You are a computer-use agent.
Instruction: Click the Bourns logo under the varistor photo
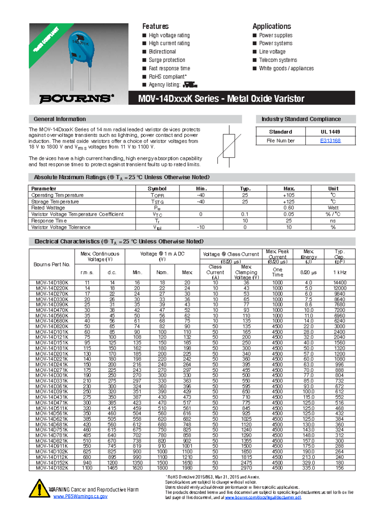pyautogui.click(x=76, y=98)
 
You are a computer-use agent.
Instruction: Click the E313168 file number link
pyautogui.click(x=330, y=140)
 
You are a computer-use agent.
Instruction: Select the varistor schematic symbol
pyautogui.click(x=229, y=146)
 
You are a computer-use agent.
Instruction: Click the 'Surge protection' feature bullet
pyautogui.click(x=167, y=60)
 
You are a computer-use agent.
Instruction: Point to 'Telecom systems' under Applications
pyautogui.click(x=278, y=60)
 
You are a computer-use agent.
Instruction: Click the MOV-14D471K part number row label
pyautogui.click(x=52, y=403)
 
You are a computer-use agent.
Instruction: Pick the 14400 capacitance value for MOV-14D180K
pyautogui.click(x=340, y=283)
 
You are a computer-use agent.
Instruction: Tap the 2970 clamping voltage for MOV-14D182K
pyautogui.click(x=246, y=468)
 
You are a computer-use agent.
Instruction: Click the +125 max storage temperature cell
pyautogui.click(x=289, y=202)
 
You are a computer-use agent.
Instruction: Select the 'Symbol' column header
pyautogui.click(x=157, y=188)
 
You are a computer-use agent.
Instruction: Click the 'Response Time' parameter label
pyautogui.click(x=49, y=221)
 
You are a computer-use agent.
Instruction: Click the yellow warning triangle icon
pyautogui.click(x=39, y=489)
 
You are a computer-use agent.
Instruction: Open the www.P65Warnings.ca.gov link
pyautogui.click(x=80, y=496)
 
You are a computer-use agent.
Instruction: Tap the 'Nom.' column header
pyautogui.click(x=162, y=272)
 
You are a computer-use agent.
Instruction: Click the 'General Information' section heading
pyautogui.click(x=60, y=119)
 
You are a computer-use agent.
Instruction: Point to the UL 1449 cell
pyautogui.click(x=330, y=132)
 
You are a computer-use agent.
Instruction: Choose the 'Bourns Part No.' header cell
pyautogui.click(x=52, y=264)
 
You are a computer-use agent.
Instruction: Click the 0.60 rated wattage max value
pyautogui.click(x=289, y=208)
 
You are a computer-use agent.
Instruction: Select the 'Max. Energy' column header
pyautogui.click(x=308, y=254)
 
